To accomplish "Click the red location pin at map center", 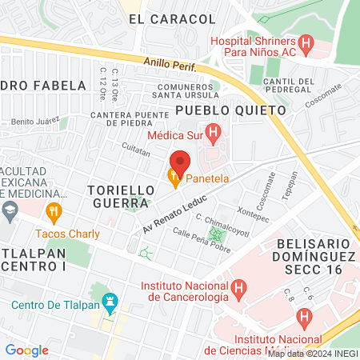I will (x=180, y=162).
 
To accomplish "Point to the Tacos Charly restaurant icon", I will (x=54, y=212).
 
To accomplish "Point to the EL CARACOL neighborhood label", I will (x=162, y=18).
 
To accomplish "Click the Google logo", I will (x=26, y=350).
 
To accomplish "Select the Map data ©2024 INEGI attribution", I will (x=312, y=353).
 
